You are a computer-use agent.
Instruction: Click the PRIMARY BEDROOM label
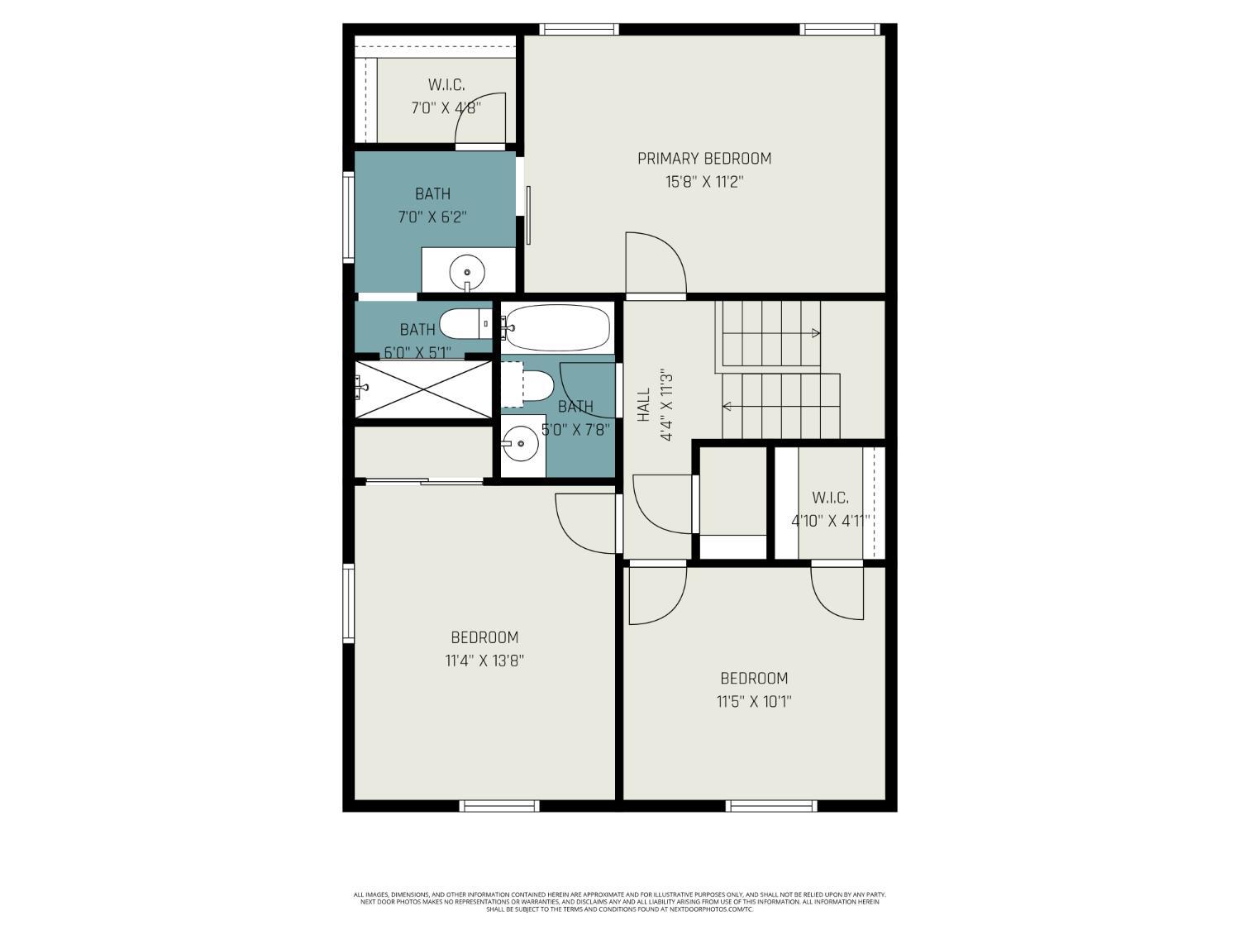[x=703, y=158]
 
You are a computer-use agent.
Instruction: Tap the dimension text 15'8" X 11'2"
[x=703, y=182]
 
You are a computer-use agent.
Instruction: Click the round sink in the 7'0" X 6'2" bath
[x=468, y=270]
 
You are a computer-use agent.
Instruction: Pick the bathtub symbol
[x=556, y=327]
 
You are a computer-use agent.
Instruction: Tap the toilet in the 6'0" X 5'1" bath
[x=464, y=323]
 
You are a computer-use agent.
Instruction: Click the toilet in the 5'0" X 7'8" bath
[x=529, y=386]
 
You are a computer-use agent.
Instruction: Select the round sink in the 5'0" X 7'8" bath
[x=521, y=444]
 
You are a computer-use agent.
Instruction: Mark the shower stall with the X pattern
[x=423, y=389]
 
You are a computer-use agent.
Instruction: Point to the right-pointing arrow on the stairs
[x=815, y=334]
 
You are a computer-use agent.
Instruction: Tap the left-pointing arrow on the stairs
[x=727, y=406]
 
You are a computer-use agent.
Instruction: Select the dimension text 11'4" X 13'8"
[x=484, y=661]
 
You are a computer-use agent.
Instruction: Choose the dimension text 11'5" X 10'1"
[x=754, y=702]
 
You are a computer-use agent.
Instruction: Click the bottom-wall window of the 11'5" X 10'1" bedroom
[x=771, y=805]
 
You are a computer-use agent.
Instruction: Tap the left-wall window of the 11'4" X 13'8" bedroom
[x=349, y=603]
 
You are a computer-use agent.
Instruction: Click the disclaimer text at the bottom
[x=619, y=901]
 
